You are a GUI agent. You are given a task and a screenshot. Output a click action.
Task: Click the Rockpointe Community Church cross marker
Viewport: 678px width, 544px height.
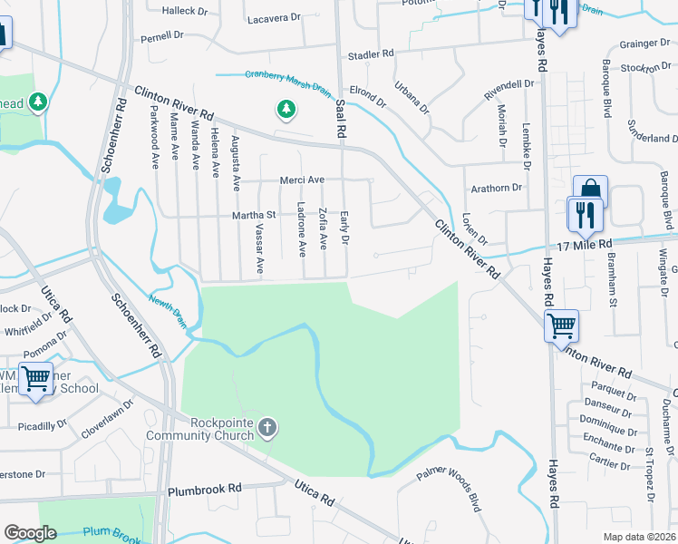coord(266,426)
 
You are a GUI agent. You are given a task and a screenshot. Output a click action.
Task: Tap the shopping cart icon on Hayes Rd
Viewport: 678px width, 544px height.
coord(562,325)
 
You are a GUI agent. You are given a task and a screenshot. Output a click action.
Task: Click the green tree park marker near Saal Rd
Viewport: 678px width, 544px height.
coord(286,110)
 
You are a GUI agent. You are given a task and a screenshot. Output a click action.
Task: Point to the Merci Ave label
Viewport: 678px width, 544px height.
coord(302,180)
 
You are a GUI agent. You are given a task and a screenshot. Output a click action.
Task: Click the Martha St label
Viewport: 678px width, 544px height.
coord(254,215)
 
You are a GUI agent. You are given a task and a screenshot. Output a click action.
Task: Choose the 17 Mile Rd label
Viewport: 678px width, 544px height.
coord(585,245)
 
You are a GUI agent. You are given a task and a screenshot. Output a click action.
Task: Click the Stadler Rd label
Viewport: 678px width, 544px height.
coord(371,54)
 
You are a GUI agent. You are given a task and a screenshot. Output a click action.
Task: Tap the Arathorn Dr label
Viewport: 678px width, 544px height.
coord(498,189)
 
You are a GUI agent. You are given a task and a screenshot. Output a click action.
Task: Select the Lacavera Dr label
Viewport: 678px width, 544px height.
coord(273,17)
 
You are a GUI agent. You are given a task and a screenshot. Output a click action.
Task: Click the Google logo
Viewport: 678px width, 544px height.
coord(30,533)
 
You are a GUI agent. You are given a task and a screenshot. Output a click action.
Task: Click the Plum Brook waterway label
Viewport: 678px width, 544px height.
coord(109,533)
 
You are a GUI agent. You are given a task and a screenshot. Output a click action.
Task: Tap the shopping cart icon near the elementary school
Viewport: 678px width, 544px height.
coord(35,378)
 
